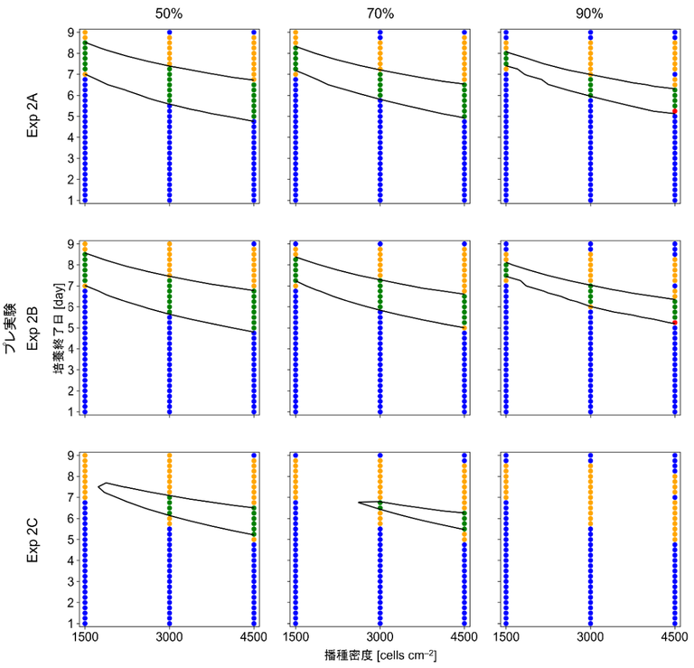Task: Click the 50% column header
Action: [169, 14]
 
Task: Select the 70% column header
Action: [380, 14]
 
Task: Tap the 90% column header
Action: [590, 14]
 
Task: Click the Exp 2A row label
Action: [33, 116]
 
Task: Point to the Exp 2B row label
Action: [33, 327]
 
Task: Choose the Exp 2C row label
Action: [33, 539]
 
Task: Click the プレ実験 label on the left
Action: [12, 327]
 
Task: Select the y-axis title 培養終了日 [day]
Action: [57, 327]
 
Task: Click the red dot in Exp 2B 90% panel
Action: [675, 322]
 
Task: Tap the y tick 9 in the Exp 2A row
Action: [69, 32]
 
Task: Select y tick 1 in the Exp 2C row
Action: [69, 623]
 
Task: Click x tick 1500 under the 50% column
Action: [85, 637]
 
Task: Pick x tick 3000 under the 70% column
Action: [380, 637]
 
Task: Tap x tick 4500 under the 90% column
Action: [675, 637]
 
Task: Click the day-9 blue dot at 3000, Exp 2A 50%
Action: [169, 32]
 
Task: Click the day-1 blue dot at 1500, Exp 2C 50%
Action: [85, 623]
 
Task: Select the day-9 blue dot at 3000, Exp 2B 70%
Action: [380, 243]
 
